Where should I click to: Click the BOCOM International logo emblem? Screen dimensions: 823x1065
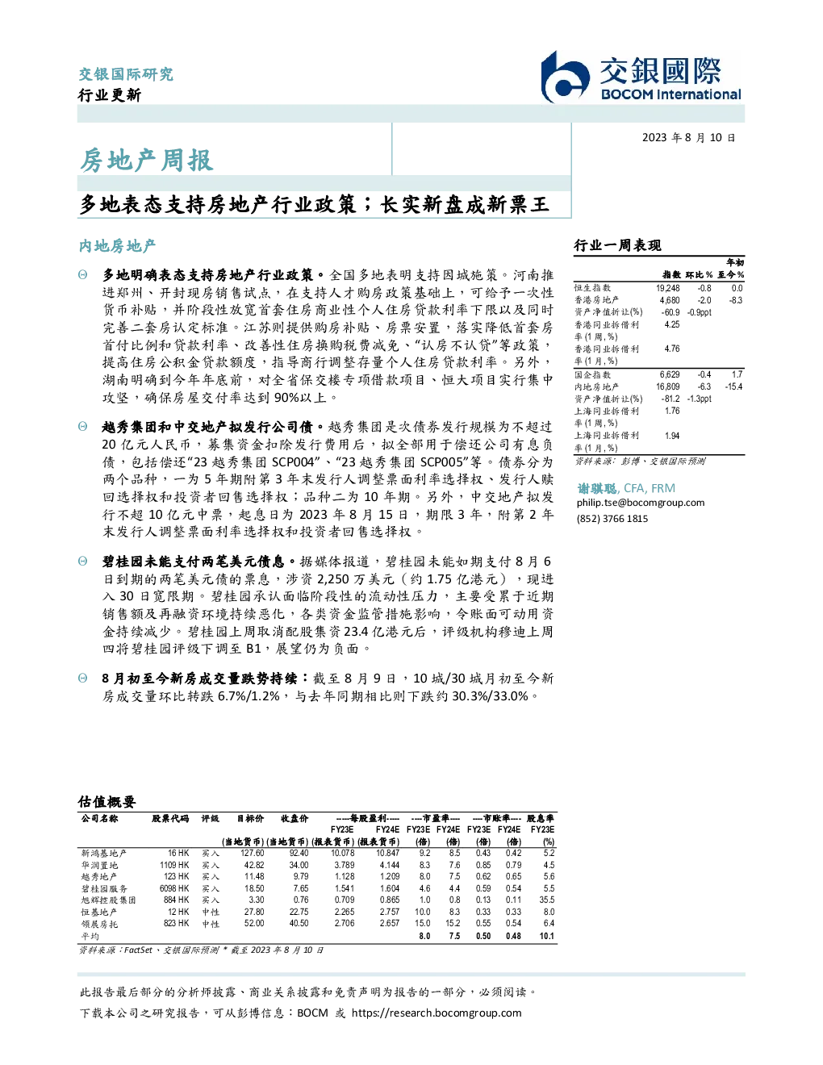(x=565, y=77)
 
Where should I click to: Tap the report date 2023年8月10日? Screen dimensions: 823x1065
(x=688, y=138)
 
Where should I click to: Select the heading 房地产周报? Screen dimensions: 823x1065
(x=147, y=161)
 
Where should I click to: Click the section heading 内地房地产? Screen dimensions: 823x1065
(x=117, y=246)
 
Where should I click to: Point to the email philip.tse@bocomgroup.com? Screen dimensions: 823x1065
(x=640, y=503)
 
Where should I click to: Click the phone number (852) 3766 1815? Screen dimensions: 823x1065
(x=612, y=519)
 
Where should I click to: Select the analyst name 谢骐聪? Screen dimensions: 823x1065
(x=597, y=488)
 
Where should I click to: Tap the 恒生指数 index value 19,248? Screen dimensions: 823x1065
(x=668, y=288)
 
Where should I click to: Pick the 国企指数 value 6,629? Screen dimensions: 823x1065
(x=670, y=374)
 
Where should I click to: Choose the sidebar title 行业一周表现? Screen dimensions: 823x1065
(x=617, y=245)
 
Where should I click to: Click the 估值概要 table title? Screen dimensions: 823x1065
(x=107, y=802)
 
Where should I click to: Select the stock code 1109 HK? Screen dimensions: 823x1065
(x=174, y=866)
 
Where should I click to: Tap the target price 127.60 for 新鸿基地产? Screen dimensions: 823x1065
(x=253, y=854)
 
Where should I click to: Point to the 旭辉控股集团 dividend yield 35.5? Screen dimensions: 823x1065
(x=547, y=900)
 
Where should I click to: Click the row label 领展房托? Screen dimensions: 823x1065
(x=99, y=925)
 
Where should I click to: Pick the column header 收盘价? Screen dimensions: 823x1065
(x=295, y=818)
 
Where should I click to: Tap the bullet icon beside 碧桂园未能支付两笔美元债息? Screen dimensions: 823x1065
(x=83, y=562)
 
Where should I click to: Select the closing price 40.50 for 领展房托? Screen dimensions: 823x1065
(x=299, y=924)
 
